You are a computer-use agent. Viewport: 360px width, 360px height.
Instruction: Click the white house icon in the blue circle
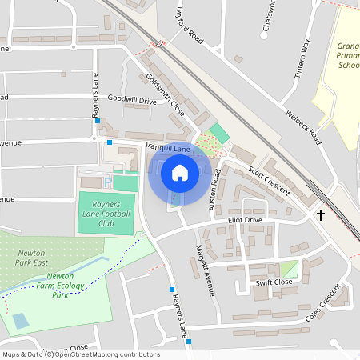coord(179,173)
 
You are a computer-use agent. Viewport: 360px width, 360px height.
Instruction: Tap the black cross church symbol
coord(321,214)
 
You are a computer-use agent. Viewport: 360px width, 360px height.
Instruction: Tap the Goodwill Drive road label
coord(131,101)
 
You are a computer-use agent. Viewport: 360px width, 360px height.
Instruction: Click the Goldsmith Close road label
coord(166,94)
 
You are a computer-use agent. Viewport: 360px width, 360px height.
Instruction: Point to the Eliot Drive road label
coord(245,219)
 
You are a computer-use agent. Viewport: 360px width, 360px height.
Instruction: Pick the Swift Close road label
coord(274,282)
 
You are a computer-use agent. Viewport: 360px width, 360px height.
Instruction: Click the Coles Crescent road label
coord(323,310)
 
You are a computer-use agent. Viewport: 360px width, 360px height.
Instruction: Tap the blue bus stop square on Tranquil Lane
coord(110,142)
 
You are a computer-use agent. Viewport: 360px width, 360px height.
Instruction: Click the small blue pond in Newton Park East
coord(20,320)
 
